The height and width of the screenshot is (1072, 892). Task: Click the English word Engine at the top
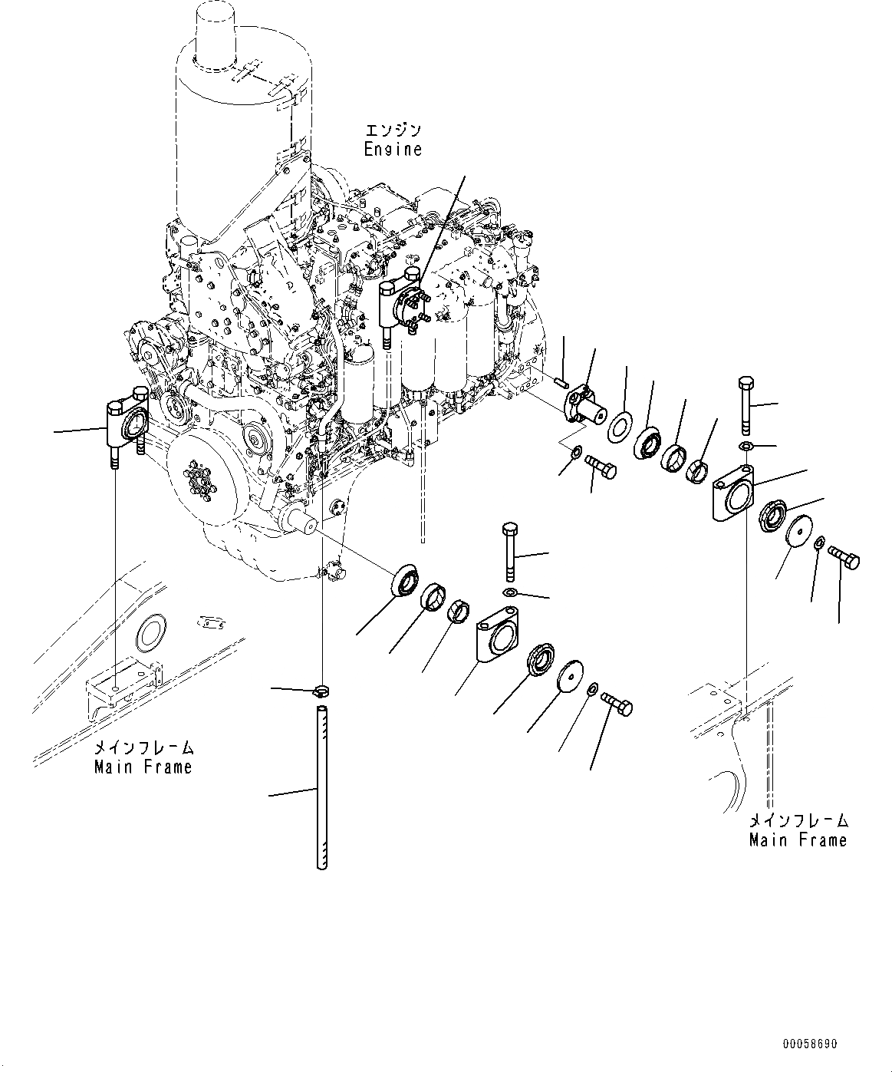tap(393, 149)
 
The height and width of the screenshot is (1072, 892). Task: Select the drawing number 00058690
tap(810, 1044)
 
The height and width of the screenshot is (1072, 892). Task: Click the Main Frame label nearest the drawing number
tap(798, 840)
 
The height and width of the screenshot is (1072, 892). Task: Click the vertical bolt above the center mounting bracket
tap(511, 552)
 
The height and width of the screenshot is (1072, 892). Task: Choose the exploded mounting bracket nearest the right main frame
tap(734, 493)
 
